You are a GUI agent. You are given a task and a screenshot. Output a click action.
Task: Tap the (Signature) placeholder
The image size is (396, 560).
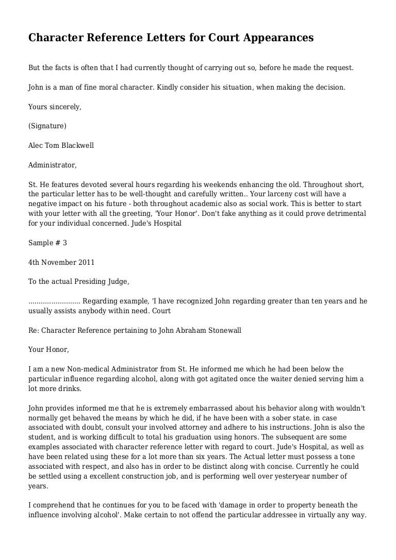(47, 126)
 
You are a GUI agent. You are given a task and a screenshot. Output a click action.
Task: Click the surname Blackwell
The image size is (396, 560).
(77, 145)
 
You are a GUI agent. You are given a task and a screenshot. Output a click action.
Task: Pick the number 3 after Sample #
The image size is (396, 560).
(64, 242)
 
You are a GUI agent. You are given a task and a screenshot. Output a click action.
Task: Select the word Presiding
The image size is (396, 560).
(87, 281)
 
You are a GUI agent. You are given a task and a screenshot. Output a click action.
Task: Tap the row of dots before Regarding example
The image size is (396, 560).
(54, 301)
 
